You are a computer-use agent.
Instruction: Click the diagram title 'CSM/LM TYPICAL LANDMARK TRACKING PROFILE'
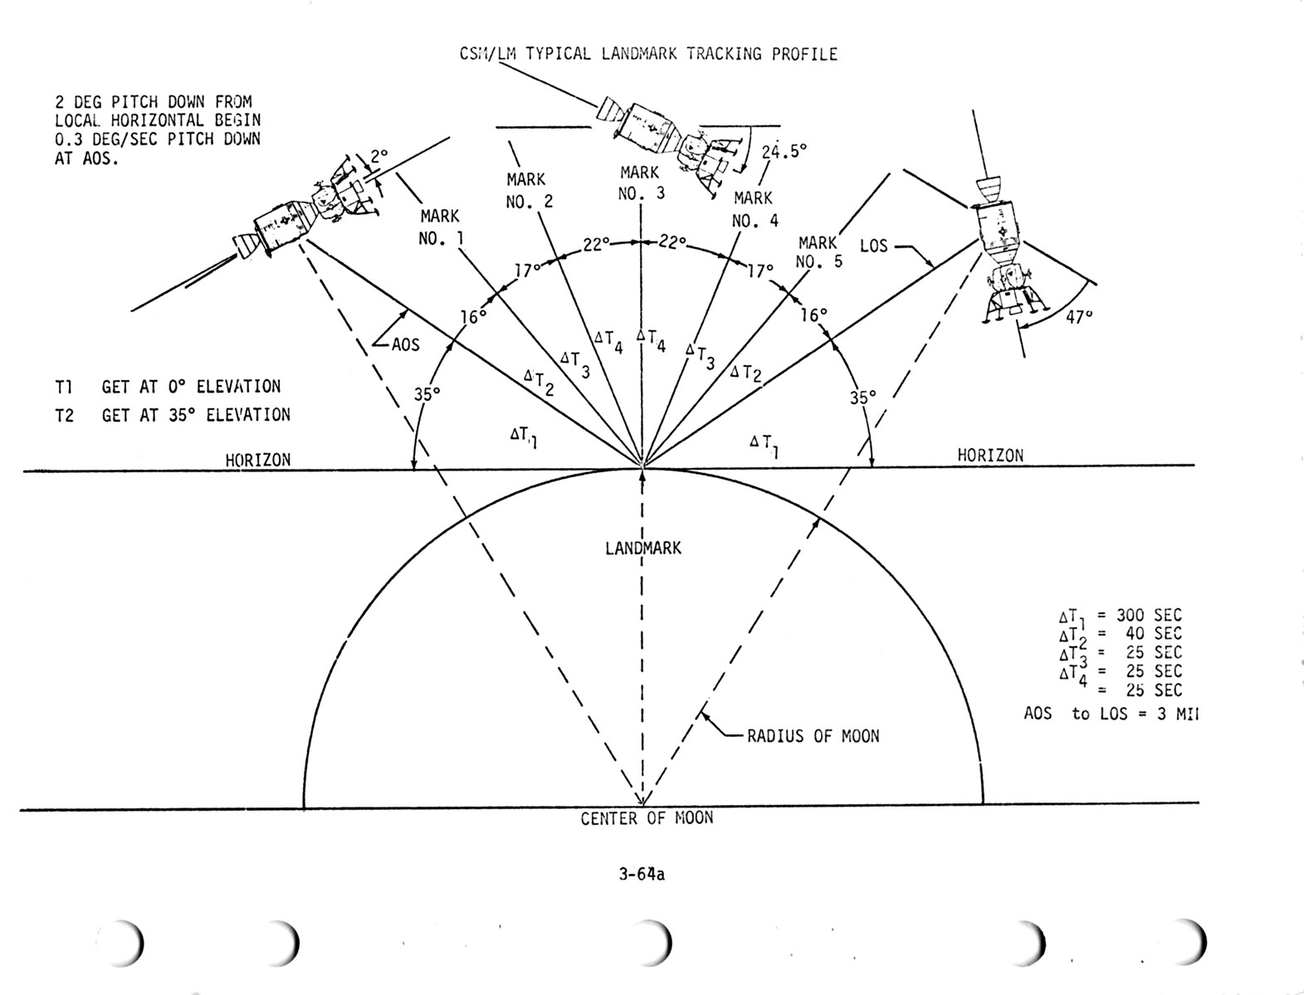(x=648, y=55)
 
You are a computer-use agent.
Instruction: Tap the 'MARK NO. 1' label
(x=440, y=227)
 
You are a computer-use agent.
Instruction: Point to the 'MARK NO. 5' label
(x=818, y=251)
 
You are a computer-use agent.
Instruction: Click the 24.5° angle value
(x=784, y=151)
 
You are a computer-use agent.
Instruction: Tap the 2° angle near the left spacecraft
(x=379, y=155)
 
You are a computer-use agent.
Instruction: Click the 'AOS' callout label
(x=405, y=345)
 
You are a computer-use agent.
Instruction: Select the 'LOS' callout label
(x=873, y=246)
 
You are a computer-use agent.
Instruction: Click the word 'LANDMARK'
(x=643, y=549)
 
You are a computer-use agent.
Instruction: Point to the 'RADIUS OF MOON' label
(x=813, y=736)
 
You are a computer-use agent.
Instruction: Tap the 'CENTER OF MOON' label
(x=647, y=818)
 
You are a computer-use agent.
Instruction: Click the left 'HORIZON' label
(x=258, y=459)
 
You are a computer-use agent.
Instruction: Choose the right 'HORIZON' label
(x=990, y=455)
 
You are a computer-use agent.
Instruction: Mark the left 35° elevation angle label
(x=427, y=395)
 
